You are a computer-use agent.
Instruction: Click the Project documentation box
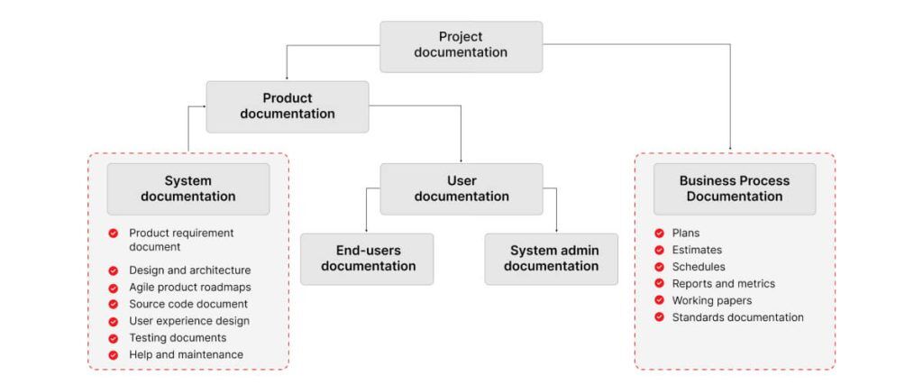click(461, 45)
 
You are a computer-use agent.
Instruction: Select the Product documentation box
click(287, 106)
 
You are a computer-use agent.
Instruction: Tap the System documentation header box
click(187, 188)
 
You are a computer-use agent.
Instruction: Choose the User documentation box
click(461, 188)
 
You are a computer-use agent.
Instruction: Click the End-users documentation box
click(368, 259)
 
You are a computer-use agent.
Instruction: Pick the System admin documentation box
click(551, 259)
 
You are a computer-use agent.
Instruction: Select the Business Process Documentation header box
click(734, 188)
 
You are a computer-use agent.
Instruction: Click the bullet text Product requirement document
click(180, 239)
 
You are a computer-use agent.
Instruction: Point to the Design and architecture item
click(189, 270)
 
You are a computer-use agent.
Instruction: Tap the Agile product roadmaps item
click(189, 287)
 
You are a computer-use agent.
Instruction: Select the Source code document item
click(187, 304)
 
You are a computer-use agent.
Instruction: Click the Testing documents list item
click(178, 337)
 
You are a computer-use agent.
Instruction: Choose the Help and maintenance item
click(186, 354)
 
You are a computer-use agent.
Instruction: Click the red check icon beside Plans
click(660, 233)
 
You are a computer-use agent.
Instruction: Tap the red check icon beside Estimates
click(660, 250)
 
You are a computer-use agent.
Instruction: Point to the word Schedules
click(698, 267)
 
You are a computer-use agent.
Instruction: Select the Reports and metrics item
click(723, 283)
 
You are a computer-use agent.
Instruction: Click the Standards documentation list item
click(737, 317)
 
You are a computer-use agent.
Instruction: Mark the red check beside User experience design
click(114, 321)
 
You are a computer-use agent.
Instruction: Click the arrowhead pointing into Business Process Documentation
click(729, 147)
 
